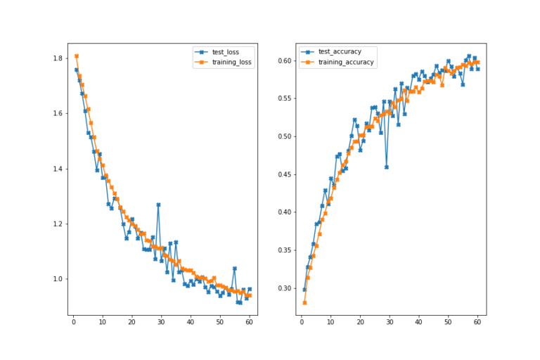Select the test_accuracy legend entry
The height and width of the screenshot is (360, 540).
click(340, 52)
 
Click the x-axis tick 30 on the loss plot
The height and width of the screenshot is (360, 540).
click(161, 323)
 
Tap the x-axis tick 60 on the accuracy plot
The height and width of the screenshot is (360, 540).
click(477, 323)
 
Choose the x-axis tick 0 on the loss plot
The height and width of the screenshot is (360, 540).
click(73, 323)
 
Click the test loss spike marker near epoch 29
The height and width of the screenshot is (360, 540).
click(158, 205)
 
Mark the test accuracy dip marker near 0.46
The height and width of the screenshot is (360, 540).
click(387, 167)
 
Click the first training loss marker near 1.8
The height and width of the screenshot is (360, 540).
click(76, 56)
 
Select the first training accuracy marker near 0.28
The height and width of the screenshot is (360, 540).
click(304, 303)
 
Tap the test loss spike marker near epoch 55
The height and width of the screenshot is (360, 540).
click(235, 269)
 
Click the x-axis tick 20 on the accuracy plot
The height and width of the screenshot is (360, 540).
click(360, 323)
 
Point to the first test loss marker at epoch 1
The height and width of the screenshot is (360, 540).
click(76, 70)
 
